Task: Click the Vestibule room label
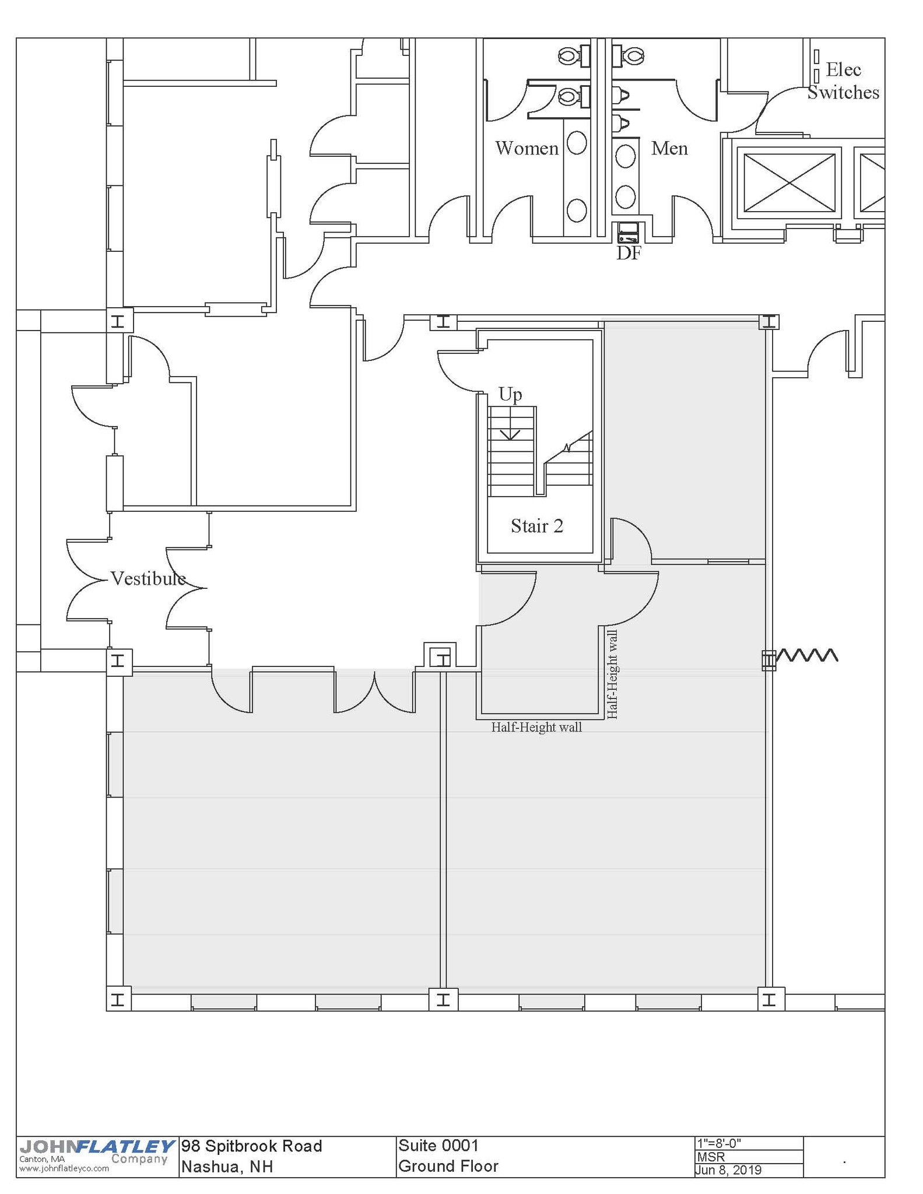click(x=148, y=578)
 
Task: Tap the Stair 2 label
click(x=537, y=526)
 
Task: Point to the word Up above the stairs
click(x=510, y=395)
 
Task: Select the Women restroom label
click(x=527, y=148)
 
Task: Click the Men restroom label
click(x=669, y=148)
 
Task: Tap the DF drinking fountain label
click(x=629, y=253)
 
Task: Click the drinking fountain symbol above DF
click(x=628, y=233)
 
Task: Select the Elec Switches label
click(x=843, y=81)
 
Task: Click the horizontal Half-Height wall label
click(x=536, y=727)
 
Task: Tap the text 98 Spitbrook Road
click(x=252, y=1146)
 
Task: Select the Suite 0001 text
click(x=438, y=1146)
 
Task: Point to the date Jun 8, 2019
click(x=728, y=1170)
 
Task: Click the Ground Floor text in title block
click(x=448, y=1166)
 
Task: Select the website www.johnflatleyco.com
click(x=64, y=1168)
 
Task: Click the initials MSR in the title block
click(x=710, y=1157)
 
